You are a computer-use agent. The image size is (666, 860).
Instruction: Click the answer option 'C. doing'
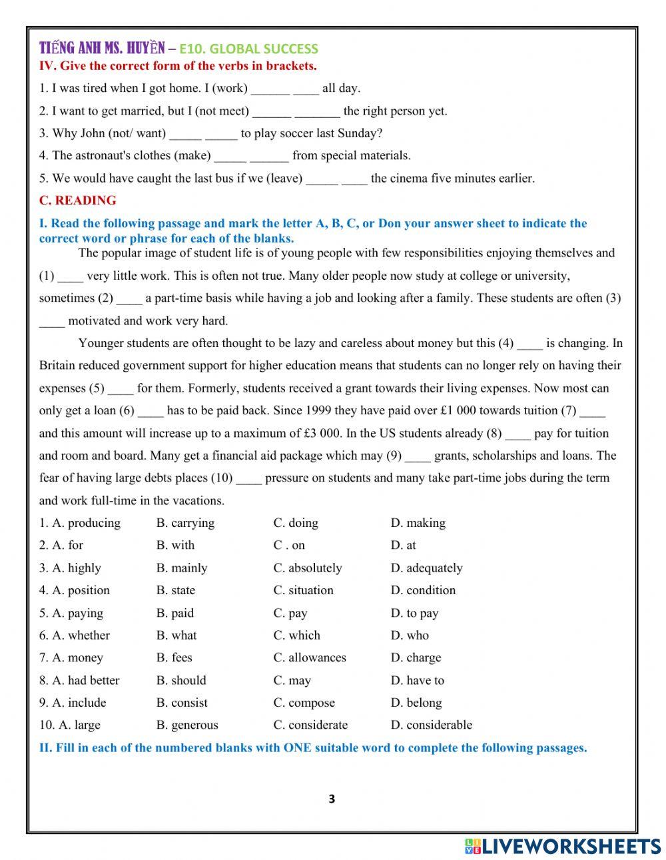coord(296,523)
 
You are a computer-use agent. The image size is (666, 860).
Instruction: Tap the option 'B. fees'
coord(174,657)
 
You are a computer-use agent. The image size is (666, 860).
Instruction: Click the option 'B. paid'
coord(175,613)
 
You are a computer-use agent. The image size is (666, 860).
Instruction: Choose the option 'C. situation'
coord(303,590)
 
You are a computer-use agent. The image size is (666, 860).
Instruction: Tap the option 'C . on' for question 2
coord(289,546)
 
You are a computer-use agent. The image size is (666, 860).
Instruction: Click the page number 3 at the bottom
coord(332,799)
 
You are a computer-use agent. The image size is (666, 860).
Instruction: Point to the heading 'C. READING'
coord(77,201)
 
